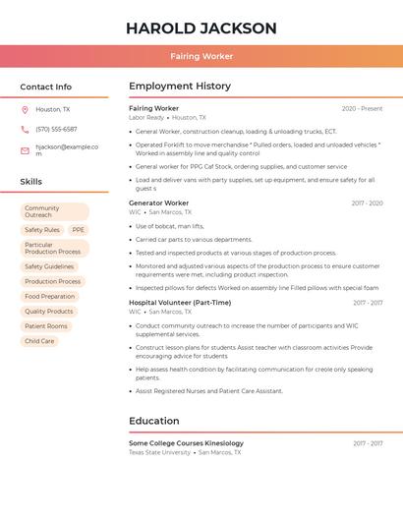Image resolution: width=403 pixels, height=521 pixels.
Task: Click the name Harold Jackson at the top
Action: point(201,29)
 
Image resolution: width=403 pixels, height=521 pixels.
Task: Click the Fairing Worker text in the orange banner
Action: point(201,57)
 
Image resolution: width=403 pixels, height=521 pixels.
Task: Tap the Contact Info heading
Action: point(46,87)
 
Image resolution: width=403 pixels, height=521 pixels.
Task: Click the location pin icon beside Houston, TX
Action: point(25,110)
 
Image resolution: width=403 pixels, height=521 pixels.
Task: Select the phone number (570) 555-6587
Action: point(56,129)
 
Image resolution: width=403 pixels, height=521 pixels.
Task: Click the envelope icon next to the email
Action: point(25,150)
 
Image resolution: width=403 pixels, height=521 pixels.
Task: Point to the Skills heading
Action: point(31,182)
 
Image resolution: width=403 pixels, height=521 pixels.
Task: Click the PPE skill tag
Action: point(79,230)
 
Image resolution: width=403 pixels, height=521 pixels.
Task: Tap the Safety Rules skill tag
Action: point(42,230)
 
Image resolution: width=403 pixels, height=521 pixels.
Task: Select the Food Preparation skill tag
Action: point(49,296)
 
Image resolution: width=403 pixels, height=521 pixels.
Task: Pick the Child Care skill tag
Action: point(39,341)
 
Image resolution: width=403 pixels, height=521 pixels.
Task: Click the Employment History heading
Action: point(180,87)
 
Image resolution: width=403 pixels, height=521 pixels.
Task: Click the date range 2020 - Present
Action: point(362,108)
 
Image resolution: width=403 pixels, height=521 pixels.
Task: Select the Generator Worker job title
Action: point(158,203)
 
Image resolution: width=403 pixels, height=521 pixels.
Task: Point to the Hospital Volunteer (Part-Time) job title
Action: point(180,303)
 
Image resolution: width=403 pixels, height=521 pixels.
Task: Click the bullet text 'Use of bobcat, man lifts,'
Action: point(170,226)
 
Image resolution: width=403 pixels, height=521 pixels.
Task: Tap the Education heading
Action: point(154,421)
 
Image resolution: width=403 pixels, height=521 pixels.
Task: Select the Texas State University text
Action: point(159,452)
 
